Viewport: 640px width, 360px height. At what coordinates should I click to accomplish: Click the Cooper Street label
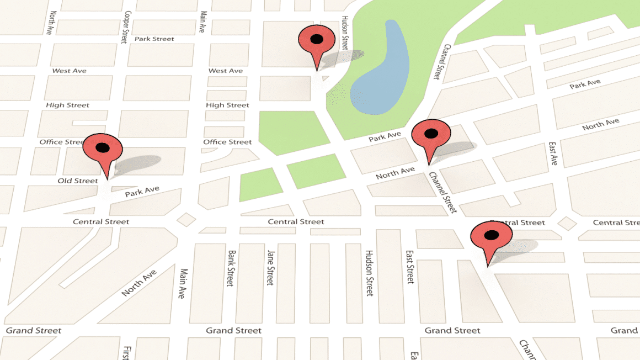[x=126, y=27]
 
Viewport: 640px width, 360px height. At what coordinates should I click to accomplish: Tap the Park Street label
[x=154, y=39]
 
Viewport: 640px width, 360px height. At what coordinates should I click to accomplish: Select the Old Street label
[x=78, y=181]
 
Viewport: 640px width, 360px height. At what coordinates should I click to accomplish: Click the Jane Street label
[x=270, y=268]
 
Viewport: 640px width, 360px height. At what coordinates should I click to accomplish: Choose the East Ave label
[x=553, y=153]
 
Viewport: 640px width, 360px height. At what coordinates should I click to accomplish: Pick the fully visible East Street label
[x=410, y=266]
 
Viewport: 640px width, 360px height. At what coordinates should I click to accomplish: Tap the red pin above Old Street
[x=102, y=149]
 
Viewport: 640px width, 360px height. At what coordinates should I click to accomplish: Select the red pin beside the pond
[x=316, y=40]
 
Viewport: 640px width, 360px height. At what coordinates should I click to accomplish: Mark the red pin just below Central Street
[x=491, y=236]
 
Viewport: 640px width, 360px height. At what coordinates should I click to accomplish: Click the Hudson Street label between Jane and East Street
[x=369, y=273]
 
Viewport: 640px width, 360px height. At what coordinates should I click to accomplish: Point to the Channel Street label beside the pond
[x=439, y=62]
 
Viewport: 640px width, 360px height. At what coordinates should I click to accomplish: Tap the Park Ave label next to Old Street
[x=142, y=192]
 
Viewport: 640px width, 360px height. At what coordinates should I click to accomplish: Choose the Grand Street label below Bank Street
[x=233, y=330]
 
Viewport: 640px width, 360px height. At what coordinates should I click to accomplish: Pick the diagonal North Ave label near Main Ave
[x=139, y=282]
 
